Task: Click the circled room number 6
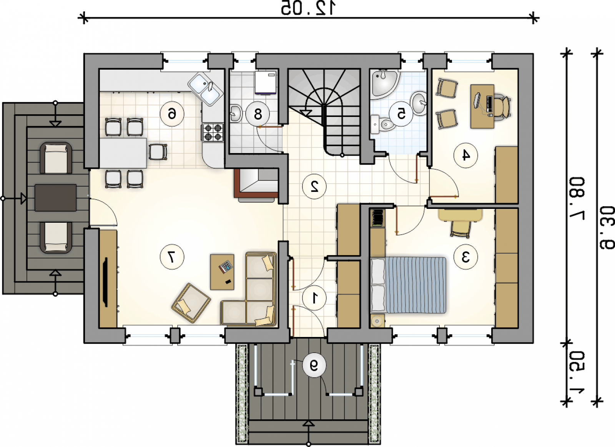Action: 172,114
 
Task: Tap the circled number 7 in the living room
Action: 172,257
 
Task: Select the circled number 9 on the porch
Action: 314,365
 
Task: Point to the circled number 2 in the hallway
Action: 314,187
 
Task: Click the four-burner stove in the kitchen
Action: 213,132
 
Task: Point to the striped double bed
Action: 408,285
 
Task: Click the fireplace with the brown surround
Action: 256,183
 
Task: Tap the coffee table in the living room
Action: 222,272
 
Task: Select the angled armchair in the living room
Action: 191,303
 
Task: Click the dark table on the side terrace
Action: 56,198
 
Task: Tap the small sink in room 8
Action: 236,113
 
